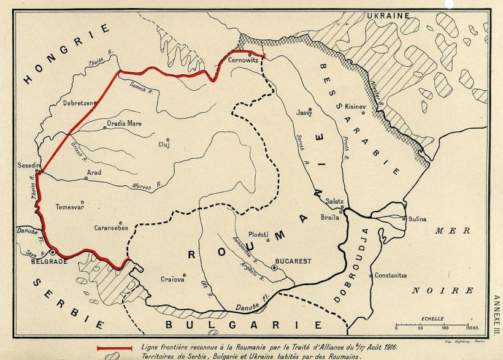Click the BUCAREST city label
point(293,261)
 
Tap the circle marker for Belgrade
point(53,252)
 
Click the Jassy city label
point(304,113)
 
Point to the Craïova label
point(172,280)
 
